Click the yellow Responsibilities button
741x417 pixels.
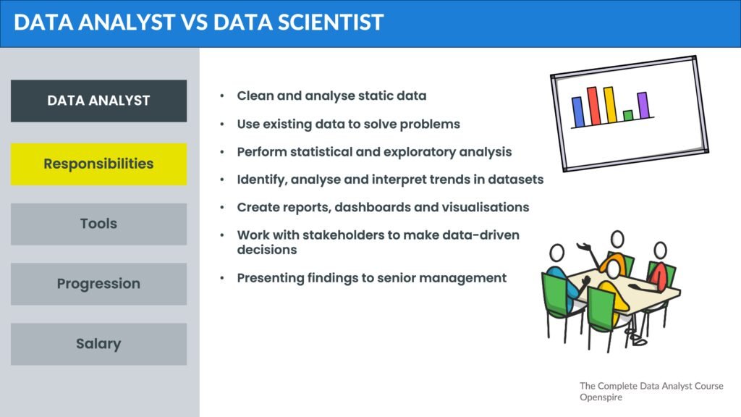pyautogui.click(x=98, y=164)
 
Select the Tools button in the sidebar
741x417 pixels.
pyautogui.click(x=98, y=224)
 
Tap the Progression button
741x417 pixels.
pyautogui.click(x=98, y=284)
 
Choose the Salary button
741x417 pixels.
pyautogui.click(x=98, y=344)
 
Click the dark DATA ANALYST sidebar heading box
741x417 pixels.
pyautogui.click(x=98, y=101)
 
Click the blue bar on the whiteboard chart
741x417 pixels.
pyautogui.click(x=578, y=112)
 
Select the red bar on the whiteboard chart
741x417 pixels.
pyautogui.click(x=593, y=106)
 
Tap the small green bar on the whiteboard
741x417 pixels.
pyautogui.click(x=628, y=115)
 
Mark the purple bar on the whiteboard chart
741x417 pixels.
pyautogui.click(x=643, y=105)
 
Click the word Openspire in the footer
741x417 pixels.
pyautogui.click(x=601, y=397)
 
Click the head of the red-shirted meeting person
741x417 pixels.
pyautogui.click(x=660, y=250)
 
